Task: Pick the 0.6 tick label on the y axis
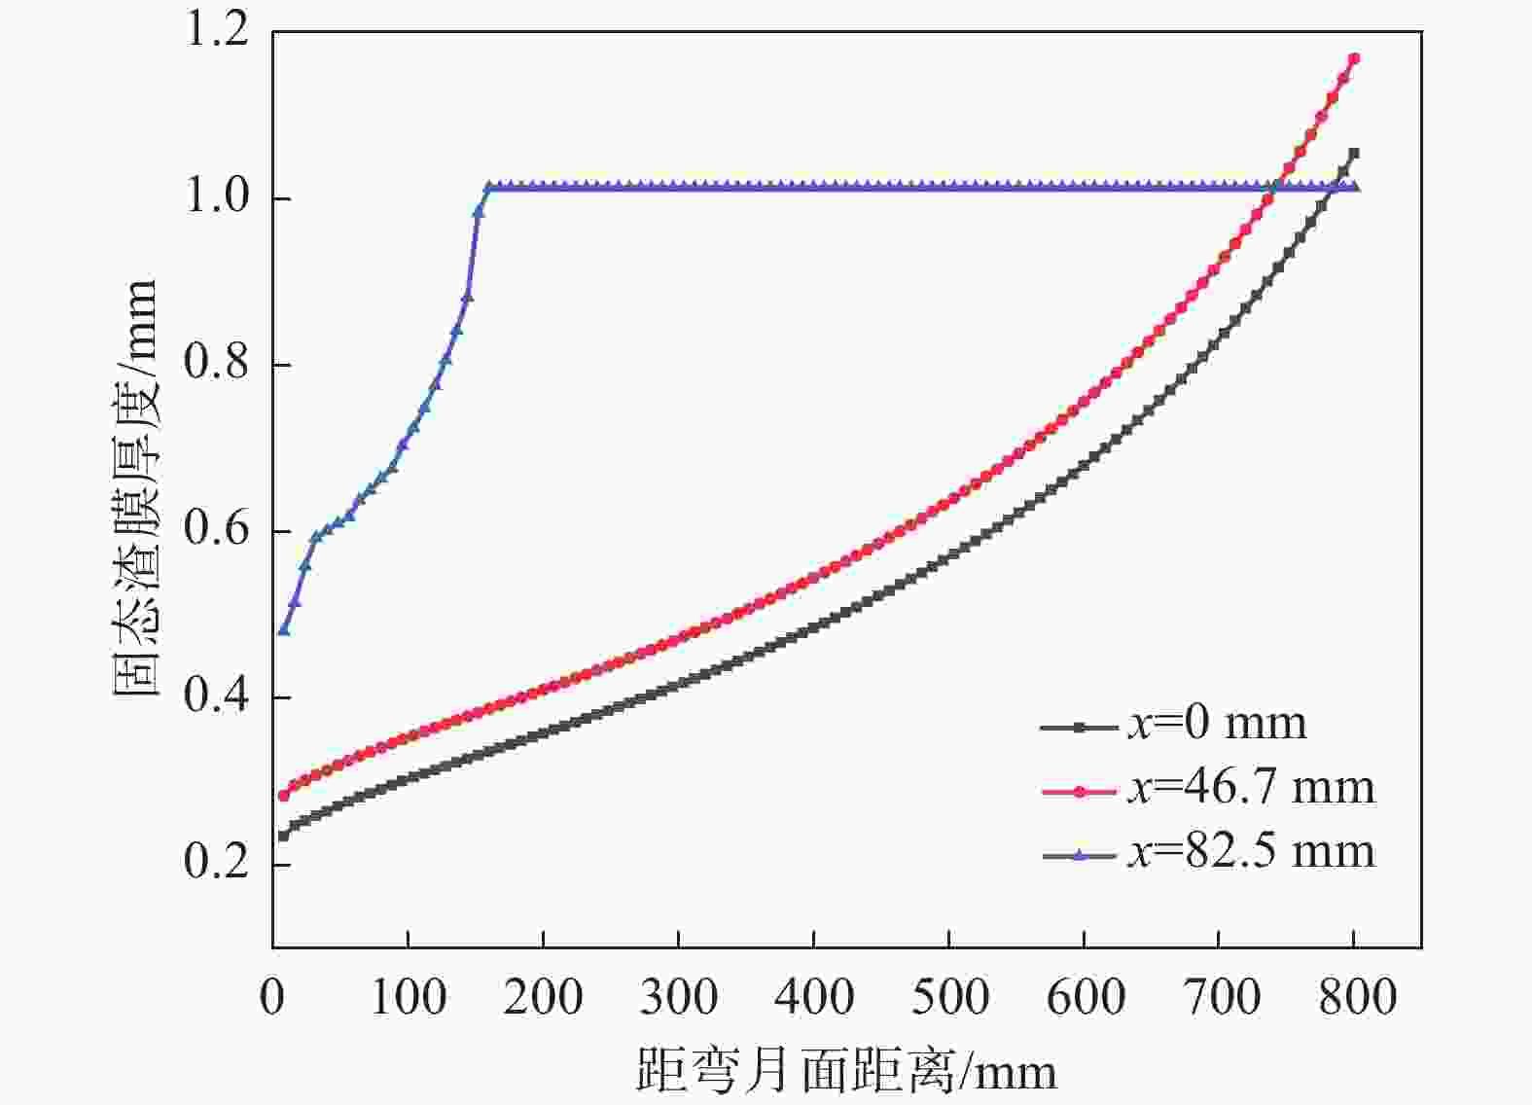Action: (x=216, y=531)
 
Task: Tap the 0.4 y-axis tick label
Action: (x=216, y=697)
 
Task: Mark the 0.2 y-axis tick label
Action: (x=216, y=864)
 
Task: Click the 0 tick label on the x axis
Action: (x=272, y=998)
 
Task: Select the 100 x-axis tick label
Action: (x=409, y=998)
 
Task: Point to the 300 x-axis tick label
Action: (x=679, y=998)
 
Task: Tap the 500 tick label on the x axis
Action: (x=949, y=998)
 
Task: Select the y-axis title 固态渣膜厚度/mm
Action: (x=134, y=486)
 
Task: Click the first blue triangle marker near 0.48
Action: (x=284, y=630)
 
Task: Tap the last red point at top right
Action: (x=1354, y=59)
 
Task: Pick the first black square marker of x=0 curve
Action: (x=284, y=836)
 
